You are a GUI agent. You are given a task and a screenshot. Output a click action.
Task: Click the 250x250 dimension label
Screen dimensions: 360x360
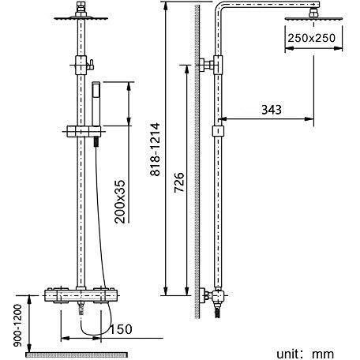pyautogui.click(x=311, y=38)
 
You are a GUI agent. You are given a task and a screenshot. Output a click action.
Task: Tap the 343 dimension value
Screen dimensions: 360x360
pyautogui.click(x=272, y=110)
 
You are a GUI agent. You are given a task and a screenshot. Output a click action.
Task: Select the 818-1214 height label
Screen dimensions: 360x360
pyautogui.click(x=155, y=149)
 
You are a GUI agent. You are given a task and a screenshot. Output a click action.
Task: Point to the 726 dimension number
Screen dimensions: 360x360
pyautogui.click(x=179, y=182)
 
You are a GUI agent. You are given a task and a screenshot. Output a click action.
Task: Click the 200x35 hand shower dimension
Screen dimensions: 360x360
pyautogui.click(x=120, y=201)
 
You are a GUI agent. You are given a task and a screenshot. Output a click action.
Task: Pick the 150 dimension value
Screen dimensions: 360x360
pyautogui.click(x=121, y=329)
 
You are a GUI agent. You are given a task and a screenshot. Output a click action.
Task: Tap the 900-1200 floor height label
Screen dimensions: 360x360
pyautogui.click(x=17, y=325)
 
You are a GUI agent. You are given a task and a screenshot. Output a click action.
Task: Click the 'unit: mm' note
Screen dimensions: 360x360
pyautogui.click(x=306, y=354)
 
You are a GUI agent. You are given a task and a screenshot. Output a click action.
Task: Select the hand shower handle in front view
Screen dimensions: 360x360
pyautogui.click(x=96, y=104)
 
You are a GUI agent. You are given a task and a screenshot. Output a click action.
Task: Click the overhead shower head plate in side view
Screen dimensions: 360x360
pyautogui.click(x=313, y=19)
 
